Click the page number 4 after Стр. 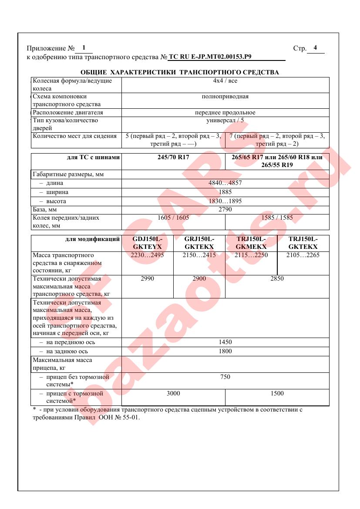315,48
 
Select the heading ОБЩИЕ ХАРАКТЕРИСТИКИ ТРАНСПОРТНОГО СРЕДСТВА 180,72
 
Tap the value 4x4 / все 225,81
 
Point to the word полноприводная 225,97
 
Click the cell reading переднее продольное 225,112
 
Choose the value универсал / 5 225,120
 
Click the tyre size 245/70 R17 174,157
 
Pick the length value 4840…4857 225,183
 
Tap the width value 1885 225,192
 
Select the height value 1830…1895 225,201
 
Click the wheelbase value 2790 225,209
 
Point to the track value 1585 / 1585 277,218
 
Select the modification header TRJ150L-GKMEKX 251,243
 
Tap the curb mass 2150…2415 199,255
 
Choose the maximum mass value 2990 148,278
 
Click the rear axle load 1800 225,351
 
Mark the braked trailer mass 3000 173,393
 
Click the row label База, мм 45,210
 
